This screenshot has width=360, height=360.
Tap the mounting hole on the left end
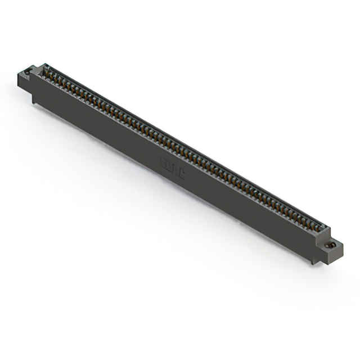pos(25,72)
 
